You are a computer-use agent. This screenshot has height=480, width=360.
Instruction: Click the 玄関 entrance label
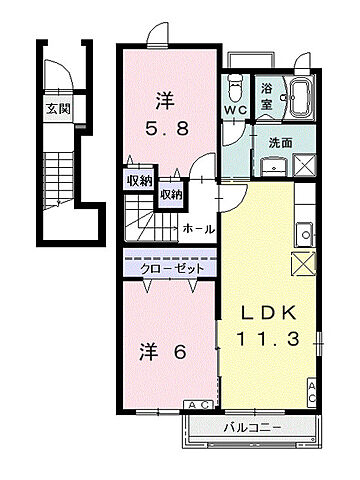click(x=57, y=108)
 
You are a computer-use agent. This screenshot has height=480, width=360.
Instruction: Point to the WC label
click(x=234, y=110)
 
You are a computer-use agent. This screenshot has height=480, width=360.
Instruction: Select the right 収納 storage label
click(x=172, y=195)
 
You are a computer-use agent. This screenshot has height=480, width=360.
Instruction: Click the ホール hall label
click(x=198, y=229)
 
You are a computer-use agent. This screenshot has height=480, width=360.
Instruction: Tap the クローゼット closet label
click(x=171, y=269)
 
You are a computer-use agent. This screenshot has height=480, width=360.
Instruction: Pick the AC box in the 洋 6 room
click(x=195, y=405)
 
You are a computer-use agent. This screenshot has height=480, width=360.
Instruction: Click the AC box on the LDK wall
click(x=311, y=392)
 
